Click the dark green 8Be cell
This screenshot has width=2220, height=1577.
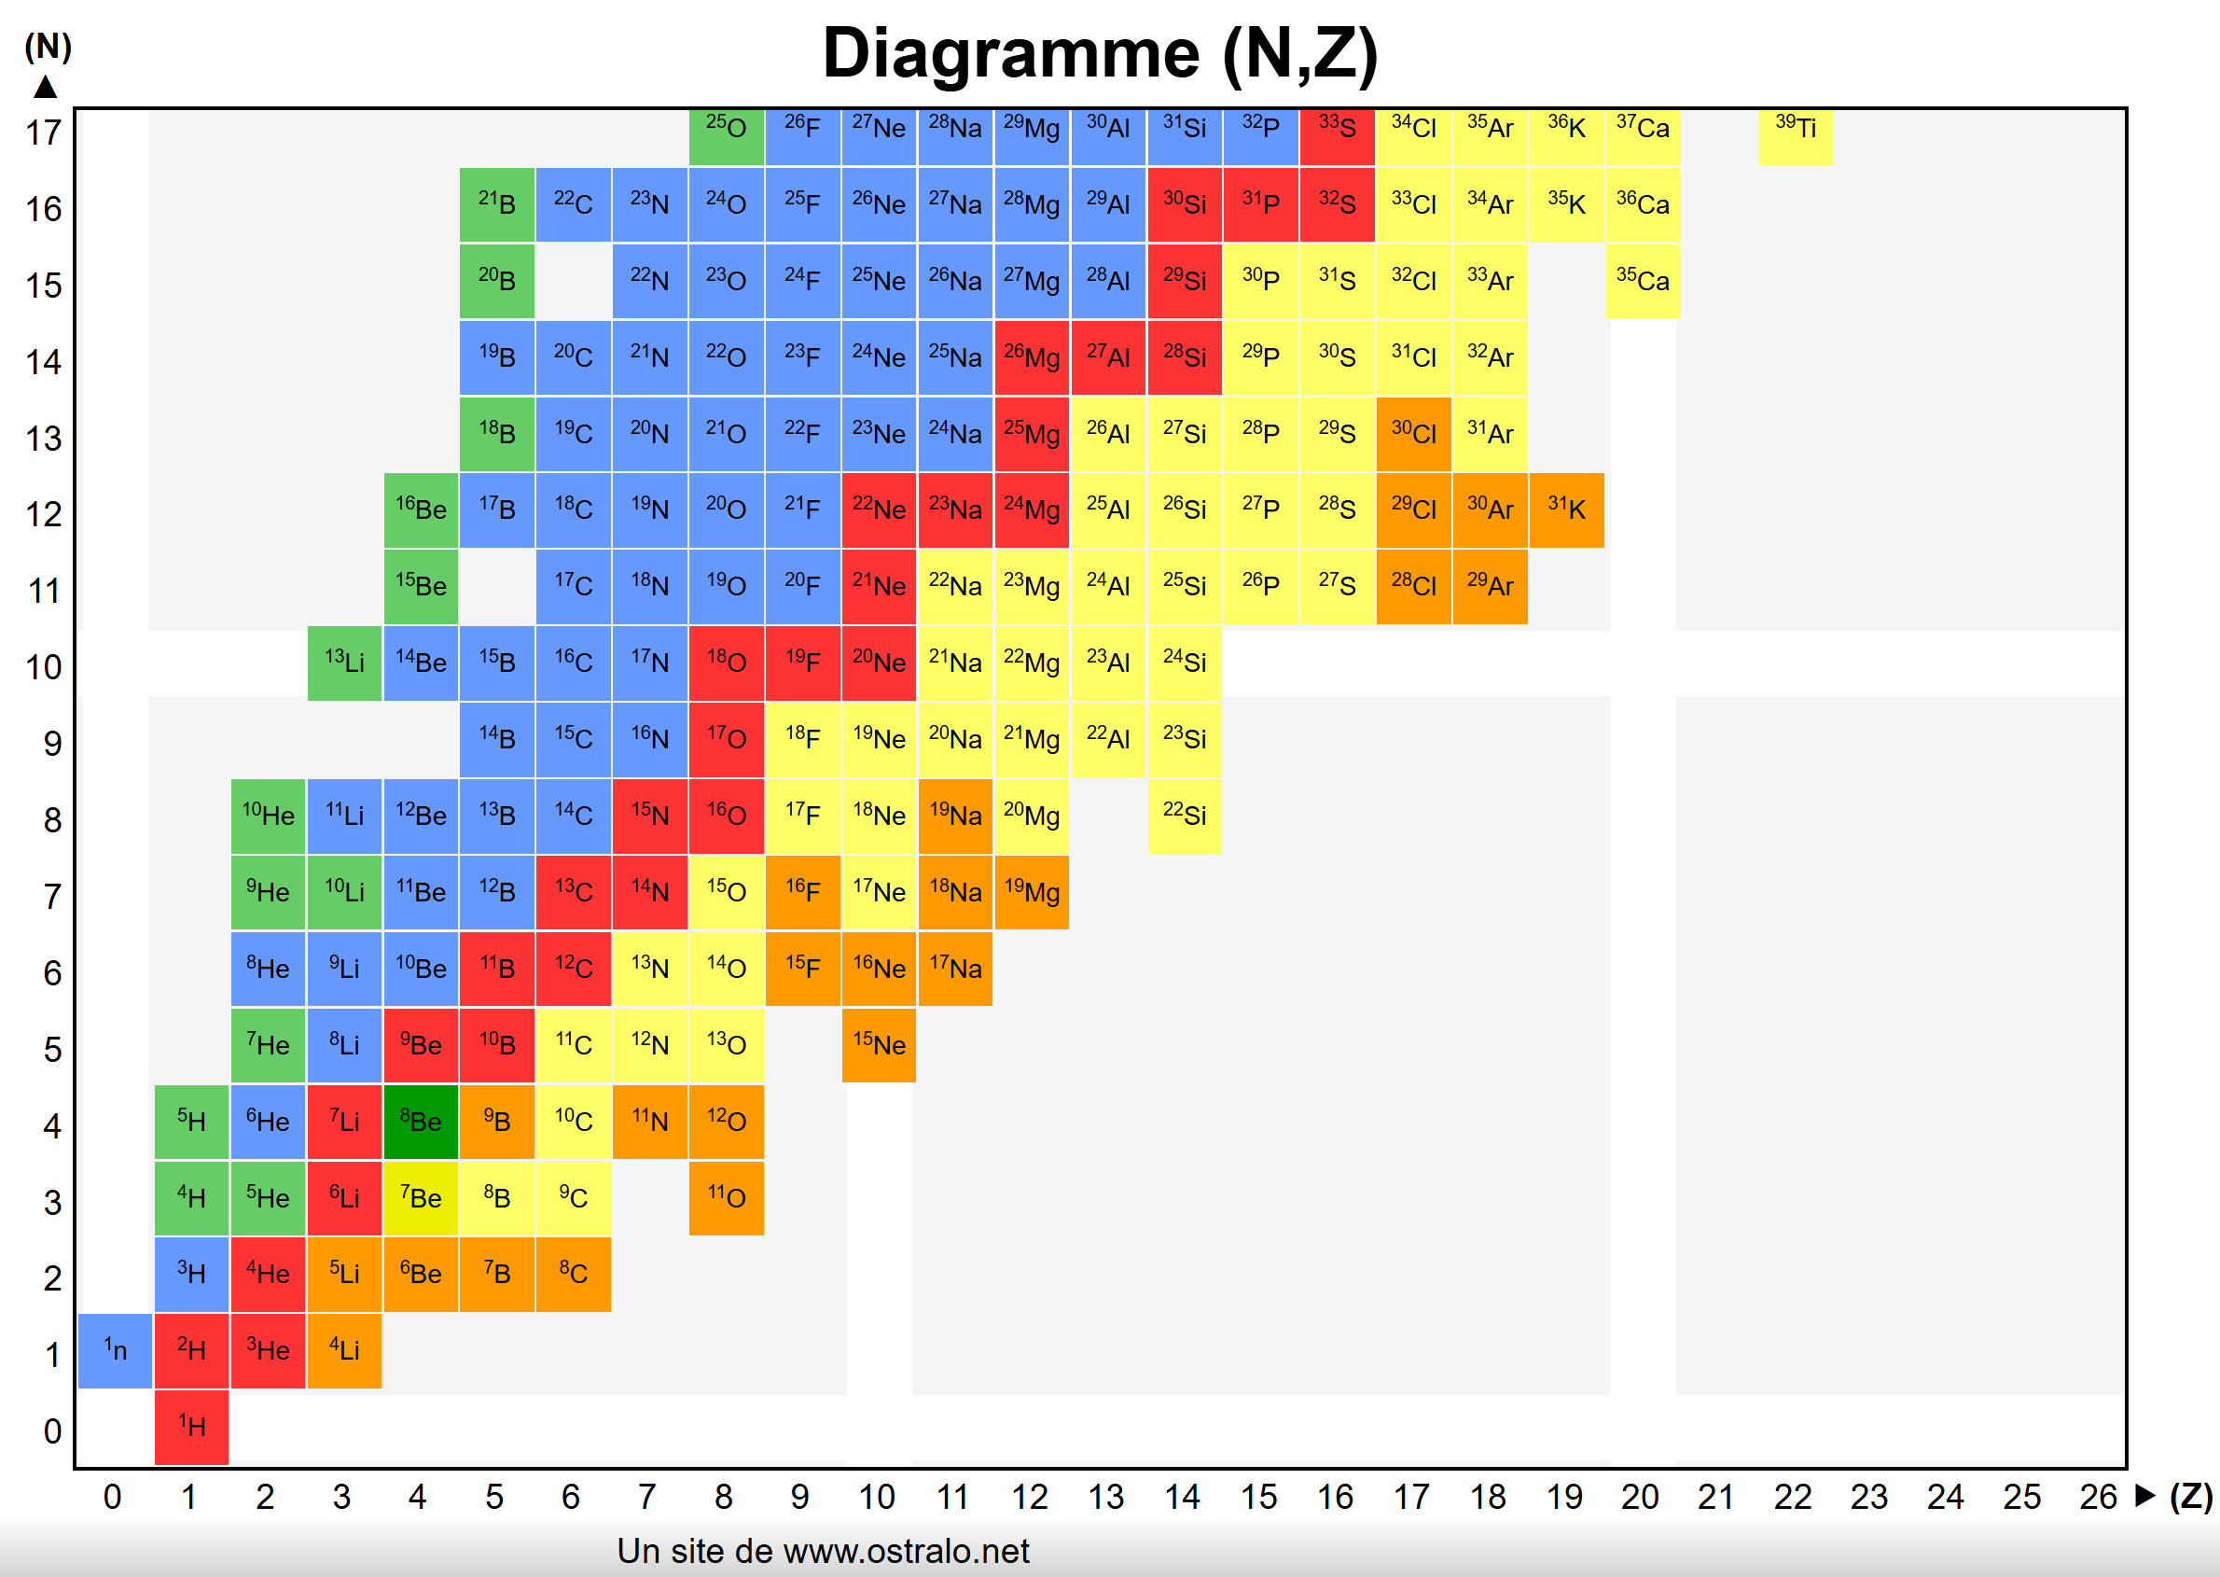click(x=421, y=1122)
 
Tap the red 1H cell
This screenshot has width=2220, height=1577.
click(x=191, y=1427)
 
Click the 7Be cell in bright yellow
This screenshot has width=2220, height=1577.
click(x=421, y=1198)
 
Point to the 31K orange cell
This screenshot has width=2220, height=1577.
click(x=1566, y=509)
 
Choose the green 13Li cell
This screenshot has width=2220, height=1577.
click(x=344, y=663)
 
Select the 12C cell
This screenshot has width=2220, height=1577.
click(x=573, y=969)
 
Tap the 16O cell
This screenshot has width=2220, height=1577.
click(x=726, y=816)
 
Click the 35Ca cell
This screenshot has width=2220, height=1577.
click(x=1643, y=281)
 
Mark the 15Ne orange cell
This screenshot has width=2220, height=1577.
click(x=879, y=1045)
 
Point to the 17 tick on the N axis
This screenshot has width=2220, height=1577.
click(x=44, y=133)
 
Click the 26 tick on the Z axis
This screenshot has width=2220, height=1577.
click(x=2098, y=1498)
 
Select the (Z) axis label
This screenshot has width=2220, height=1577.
click(x=2190, y=1498)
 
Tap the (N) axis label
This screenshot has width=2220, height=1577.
click(x=48, y=46)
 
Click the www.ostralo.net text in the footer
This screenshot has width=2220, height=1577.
click(x=906, y=1552)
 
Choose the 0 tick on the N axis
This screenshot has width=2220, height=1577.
click(x=52, y=1431)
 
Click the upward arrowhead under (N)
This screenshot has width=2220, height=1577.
click(x=46, y=88)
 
